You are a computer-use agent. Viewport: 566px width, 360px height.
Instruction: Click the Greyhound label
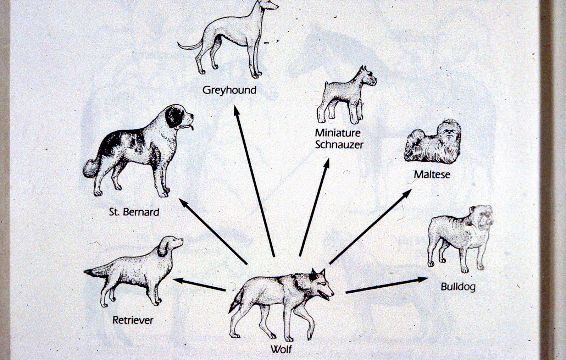[x=229, y=90]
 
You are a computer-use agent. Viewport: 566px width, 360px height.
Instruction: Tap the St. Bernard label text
[x=134, y=212]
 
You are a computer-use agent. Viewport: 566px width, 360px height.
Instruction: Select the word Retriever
[x=133, y=320]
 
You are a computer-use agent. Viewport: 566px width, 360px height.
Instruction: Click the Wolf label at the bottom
[x=281, y=349]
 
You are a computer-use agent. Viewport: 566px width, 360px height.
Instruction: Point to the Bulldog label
[x=458, y=287]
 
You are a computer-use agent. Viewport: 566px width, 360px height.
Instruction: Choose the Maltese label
[x=432, y=175]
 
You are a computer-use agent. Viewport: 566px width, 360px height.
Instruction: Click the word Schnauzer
[x=339, y=145]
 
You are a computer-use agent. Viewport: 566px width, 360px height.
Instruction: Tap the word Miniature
[x=338, y=133]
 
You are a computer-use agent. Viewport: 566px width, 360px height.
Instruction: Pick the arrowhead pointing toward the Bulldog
[x=422, y=279]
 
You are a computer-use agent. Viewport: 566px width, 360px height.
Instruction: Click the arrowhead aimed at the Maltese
[x=406, y=193]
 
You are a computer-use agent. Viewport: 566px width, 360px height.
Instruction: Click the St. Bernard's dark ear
[x=174, y=117]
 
